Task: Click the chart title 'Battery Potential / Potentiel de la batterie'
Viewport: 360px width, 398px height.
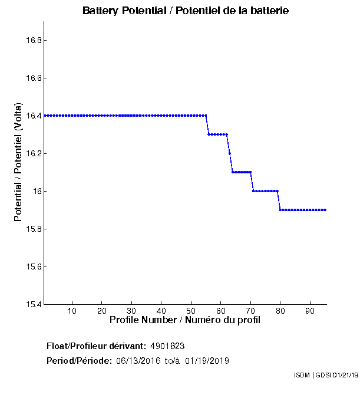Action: coord(186,11)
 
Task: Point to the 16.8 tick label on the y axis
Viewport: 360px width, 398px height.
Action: coord(32,40)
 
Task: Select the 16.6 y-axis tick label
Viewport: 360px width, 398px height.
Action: coord(32,78)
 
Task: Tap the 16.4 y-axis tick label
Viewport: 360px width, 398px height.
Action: coord(32,116)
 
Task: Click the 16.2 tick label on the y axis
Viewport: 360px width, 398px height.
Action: coord(32,153)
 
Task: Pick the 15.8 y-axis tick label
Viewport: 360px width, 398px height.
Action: coord(32,229)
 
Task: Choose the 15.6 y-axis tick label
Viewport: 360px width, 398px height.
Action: coord(32,267)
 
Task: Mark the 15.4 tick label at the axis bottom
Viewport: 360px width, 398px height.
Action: coord(32,304)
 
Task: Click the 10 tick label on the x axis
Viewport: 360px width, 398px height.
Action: coord(72,311)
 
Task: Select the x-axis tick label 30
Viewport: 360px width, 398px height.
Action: coord(131,311)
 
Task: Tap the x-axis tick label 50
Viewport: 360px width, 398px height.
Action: coord(191,311)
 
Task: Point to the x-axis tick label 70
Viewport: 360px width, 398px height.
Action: coord(250,311)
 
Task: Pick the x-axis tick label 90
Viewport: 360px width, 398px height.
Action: coord(310,311)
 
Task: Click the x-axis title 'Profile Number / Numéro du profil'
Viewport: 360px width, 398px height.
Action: coord(185,320)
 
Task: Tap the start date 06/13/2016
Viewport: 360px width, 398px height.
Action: coord(138,360)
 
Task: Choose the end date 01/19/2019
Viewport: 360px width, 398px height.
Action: coord(207,360)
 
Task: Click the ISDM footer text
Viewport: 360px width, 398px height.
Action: coord(303,375)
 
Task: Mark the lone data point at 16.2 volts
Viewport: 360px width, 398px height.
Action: coord(230,153)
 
